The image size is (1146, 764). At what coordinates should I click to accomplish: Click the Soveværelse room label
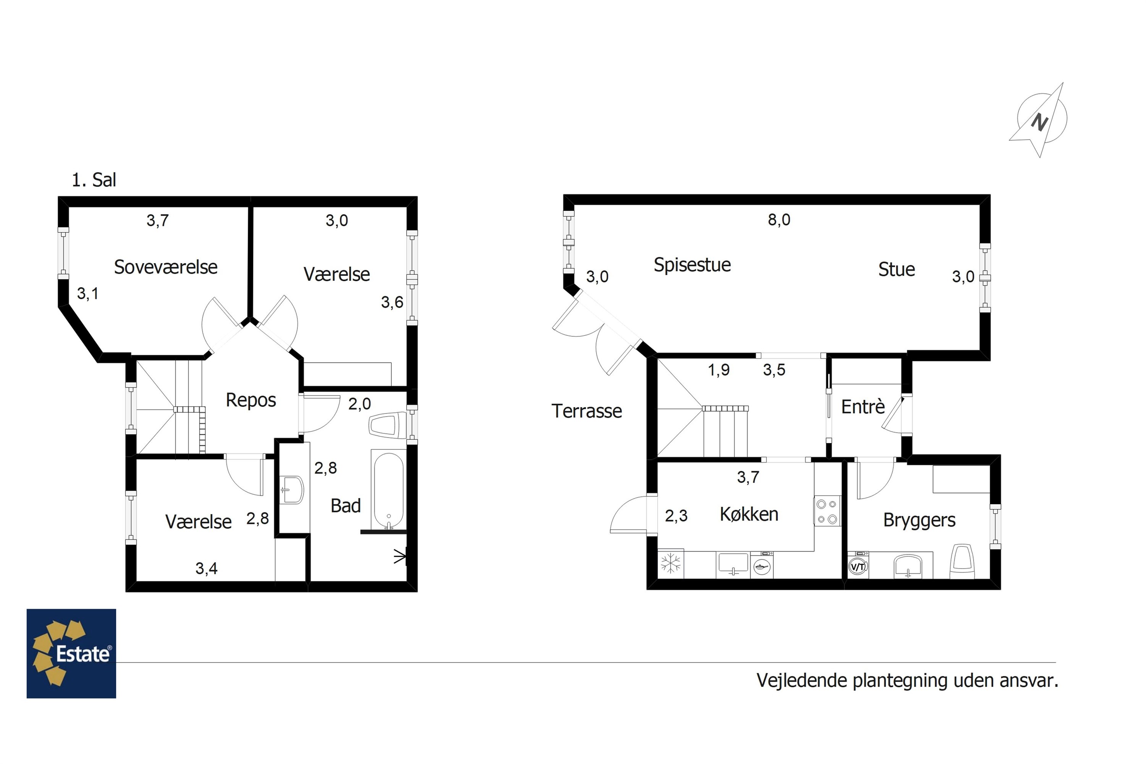point(166,267)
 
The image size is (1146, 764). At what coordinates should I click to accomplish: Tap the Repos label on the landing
point(251,400)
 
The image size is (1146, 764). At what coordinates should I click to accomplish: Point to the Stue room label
point(897,269)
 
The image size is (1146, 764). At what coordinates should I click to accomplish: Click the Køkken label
point(749,514)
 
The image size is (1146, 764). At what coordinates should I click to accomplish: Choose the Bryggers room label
point(919,520)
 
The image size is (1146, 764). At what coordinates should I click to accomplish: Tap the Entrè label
point(863,406)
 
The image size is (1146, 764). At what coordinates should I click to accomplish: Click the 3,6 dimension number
point(392,303)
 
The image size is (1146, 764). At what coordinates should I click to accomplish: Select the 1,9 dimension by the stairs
point(719,370)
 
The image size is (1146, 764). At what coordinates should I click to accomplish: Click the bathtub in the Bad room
point(388,489)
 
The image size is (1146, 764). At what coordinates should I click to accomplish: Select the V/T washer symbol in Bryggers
point(858,567)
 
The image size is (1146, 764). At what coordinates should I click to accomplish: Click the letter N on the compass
point(1040,122)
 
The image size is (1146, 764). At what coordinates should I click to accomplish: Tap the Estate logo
point(71,653)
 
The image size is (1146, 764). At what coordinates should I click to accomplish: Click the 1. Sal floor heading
point(94,180)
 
